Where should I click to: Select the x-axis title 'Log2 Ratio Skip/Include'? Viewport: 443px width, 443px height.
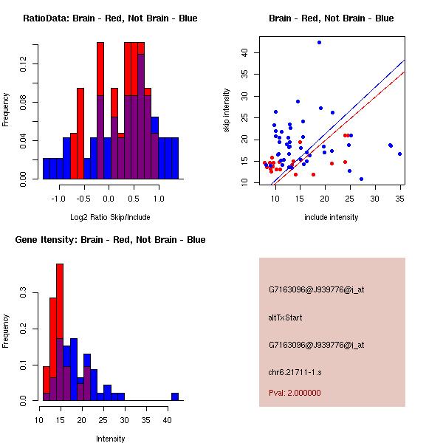pyautogui.click(x=109, y=218)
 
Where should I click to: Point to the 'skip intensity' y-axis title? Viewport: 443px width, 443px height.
pyautogui.click(x=227, y=111)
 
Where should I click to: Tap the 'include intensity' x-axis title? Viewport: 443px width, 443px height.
pyautogui.click(x=332, y=218)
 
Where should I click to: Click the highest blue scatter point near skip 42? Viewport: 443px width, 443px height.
pyautogui.click(x=319, y=43)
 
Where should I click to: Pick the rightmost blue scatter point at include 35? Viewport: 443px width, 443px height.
pyautogui.click(x=399, y=154)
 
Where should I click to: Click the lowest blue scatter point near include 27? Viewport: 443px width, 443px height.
pyautogui.click(x=361, y=179)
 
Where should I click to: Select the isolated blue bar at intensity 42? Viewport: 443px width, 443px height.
pyautogui.click(x=175, y=396)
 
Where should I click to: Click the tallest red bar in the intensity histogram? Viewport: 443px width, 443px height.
pyautogui.click(x=60, y=332)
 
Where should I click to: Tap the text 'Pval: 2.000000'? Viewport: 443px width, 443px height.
pyautogui.click(x=295, y=393)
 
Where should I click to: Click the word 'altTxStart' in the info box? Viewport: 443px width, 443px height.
pyautogui.click(x=285, y=317)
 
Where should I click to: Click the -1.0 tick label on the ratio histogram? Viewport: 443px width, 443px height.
pyautogui.click(x=59, y=199)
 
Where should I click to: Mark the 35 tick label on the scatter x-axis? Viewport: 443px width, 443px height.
pyautogui.click(x=399, y=199)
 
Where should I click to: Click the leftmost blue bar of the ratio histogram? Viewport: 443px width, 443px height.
pyautogui.click(x=47, y=168)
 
